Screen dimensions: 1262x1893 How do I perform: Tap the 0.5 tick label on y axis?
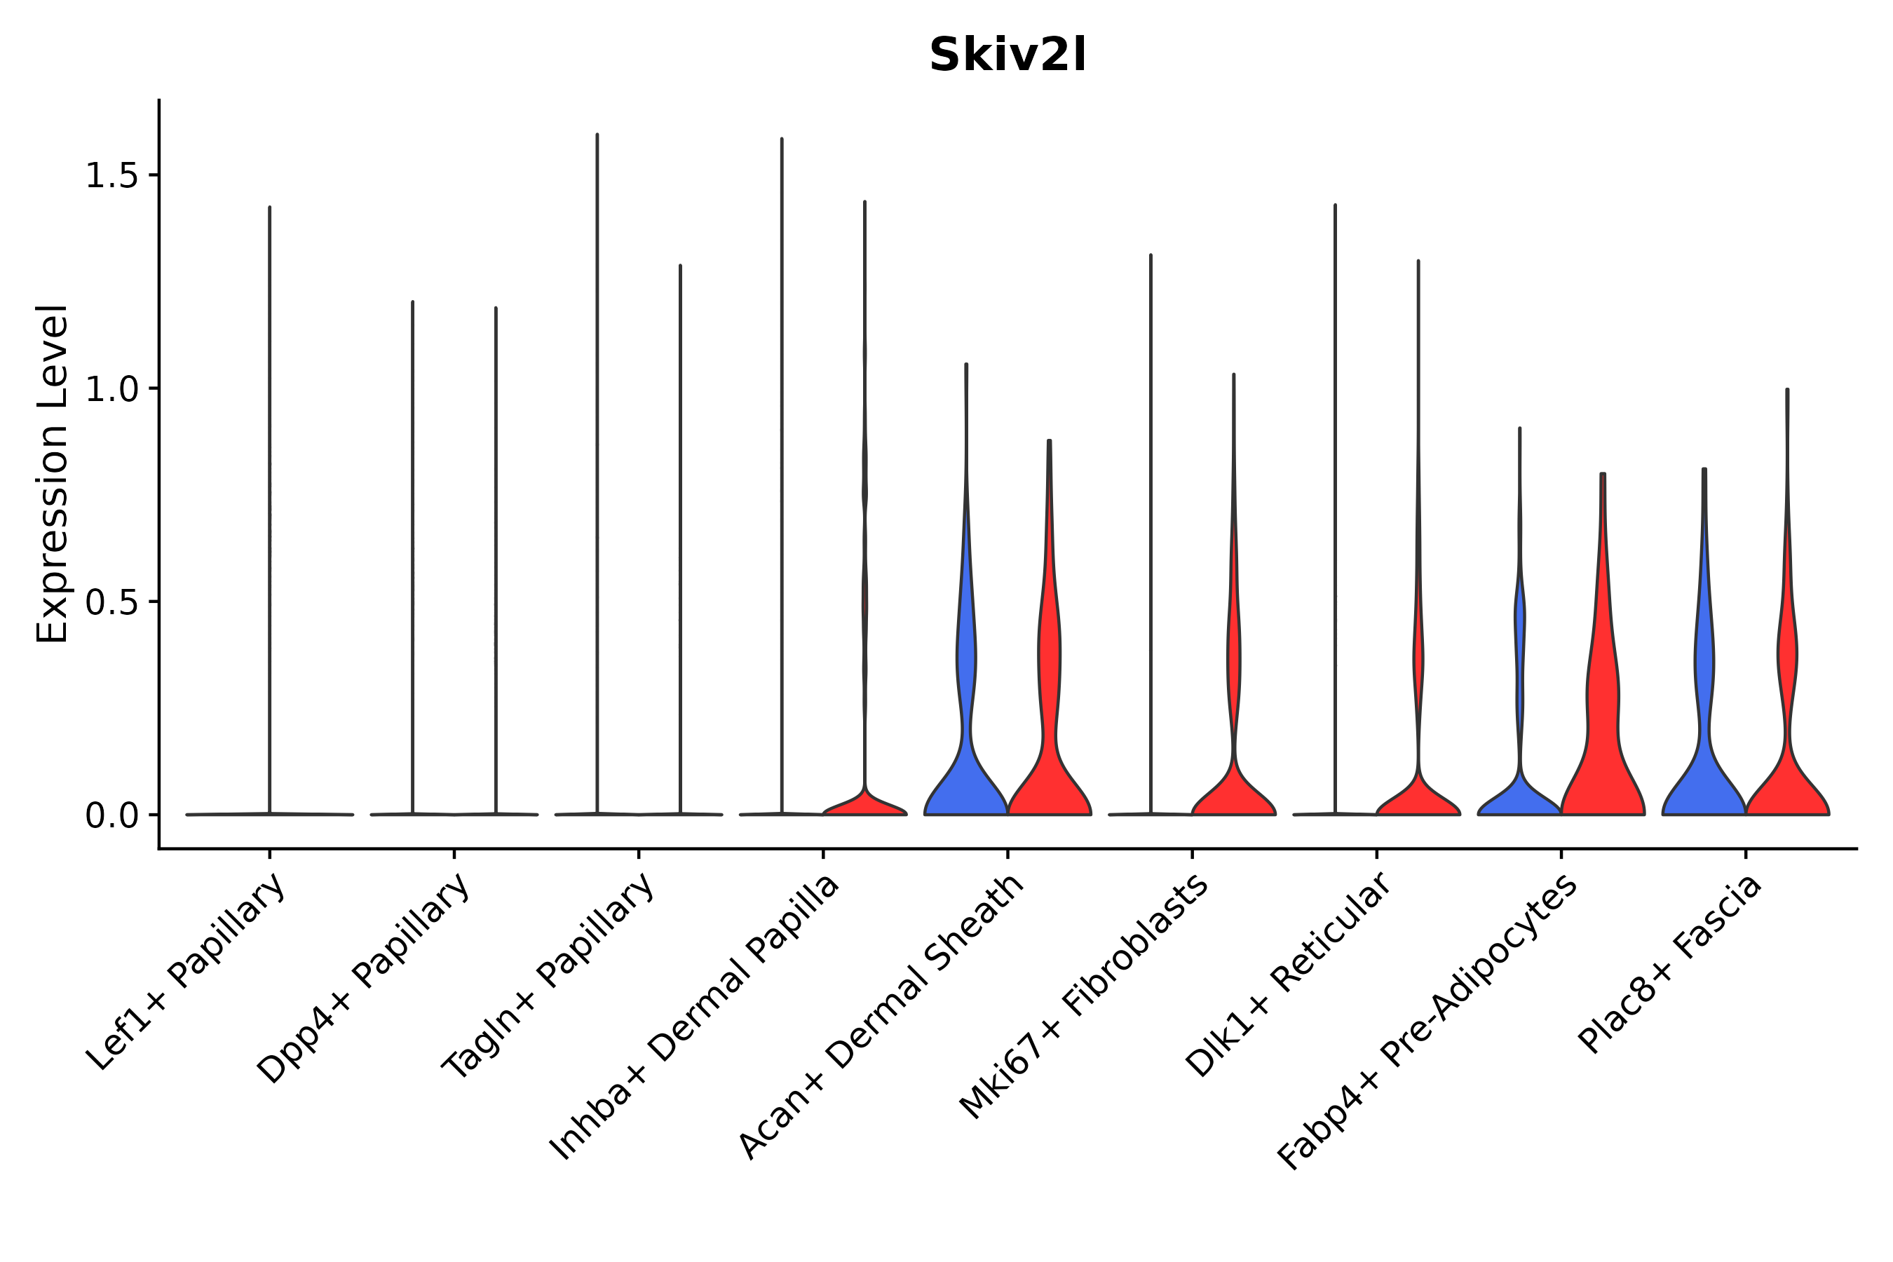(x=111, y=603)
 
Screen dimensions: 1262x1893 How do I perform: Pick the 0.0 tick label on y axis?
(x=111, y=816)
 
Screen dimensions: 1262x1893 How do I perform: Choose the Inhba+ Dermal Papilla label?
(x=695, y=1018)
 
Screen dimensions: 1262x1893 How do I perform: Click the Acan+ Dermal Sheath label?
(x=881, y=1017)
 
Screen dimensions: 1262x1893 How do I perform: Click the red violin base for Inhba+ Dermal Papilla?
(x=864, y=805)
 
